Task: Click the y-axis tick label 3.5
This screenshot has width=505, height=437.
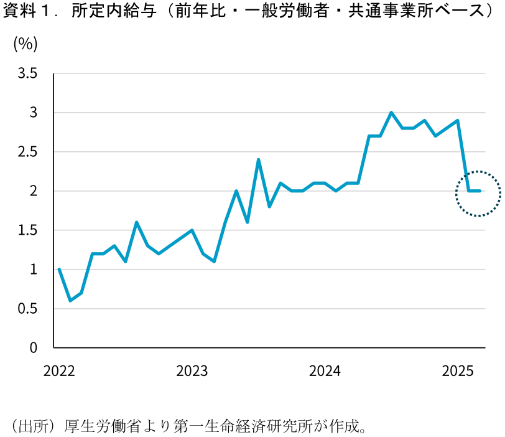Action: pos(27,73)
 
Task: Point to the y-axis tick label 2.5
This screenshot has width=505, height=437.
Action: pos(27,152)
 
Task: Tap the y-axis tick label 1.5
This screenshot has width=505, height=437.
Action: pos(27,230)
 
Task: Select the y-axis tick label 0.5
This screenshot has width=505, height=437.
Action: pos(27,309)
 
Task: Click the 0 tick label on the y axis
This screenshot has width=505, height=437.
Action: pos(34,347)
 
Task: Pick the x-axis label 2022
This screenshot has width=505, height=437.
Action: pos(59,372)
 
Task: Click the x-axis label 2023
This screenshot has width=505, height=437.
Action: pos(192,372)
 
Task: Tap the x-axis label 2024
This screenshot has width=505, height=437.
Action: pos(325,372)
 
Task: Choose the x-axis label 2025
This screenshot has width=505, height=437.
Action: pos(458,372)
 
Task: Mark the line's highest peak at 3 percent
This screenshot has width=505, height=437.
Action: pos(391,113)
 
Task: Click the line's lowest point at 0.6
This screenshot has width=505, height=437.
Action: pos(70,301)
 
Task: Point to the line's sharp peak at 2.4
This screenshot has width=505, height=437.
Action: pos(258,160)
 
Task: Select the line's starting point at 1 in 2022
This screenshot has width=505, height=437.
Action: pos(59,270)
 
